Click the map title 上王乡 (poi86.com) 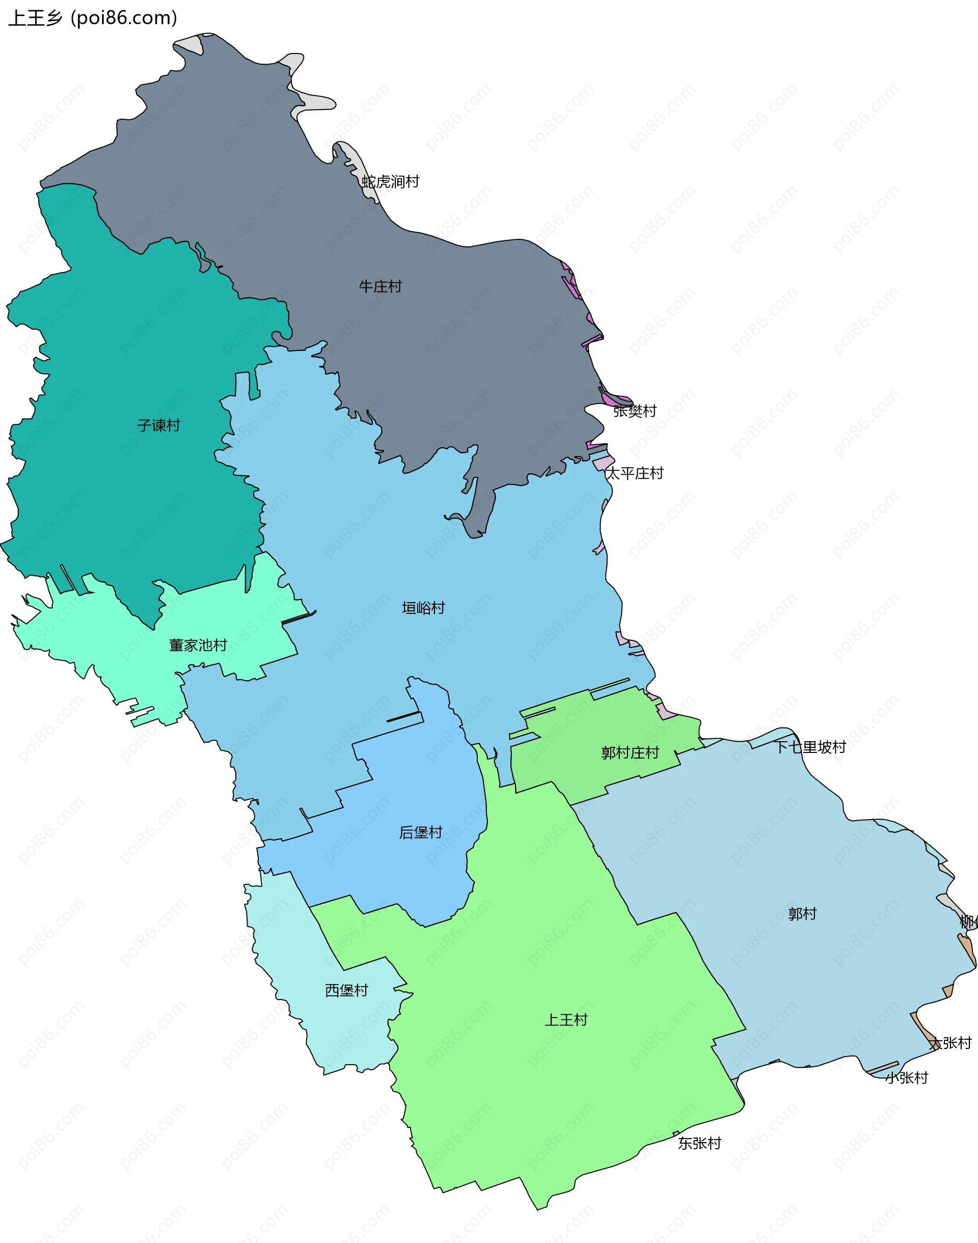[93, 18]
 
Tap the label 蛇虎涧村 [391, 182]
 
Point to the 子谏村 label [158, 425]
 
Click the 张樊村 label [635, 411]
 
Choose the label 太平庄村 [635, 473]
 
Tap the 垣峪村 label [423, 608]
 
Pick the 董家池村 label [198, 645]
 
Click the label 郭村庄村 [630, 753]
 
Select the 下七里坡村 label [810, 747]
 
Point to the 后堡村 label [420, 832]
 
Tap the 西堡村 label [346, 990]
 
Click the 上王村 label [566, 1020]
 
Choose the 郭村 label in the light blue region [802, 914]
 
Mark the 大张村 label [950, 1043]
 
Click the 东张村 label [699, 1143]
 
